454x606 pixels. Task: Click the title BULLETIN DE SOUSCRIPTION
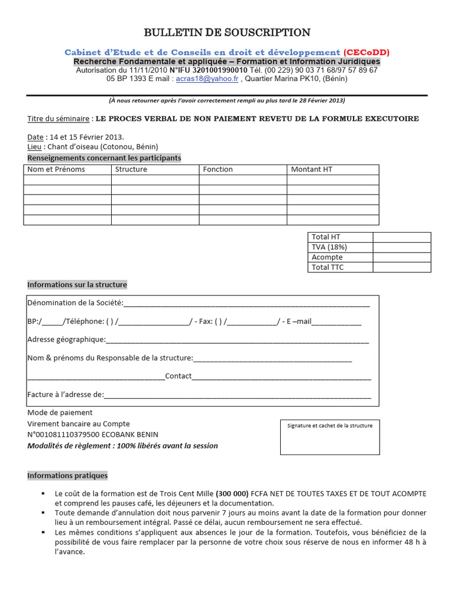coord(227,33)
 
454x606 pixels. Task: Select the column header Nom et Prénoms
coord(56,169)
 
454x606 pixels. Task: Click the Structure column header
coord(131,169)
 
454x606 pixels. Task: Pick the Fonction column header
coord(218,169)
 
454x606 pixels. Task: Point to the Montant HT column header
coord(312,169)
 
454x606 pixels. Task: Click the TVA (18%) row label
coord(329,247)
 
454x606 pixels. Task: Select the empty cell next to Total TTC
coord(401,267)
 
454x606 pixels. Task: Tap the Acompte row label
coord(327,257)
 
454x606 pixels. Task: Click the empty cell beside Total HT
coord(401,237)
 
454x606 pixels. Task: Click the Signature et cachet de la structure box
coord(330,437)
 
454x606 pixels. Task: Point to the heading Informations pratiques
coord(68,475)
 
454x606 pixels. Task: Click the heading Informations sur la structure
coord(77,285)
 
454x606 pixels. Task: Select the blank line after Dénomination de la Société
coord(247,304)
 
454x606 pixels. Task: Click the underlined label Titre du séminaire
coord(59,119)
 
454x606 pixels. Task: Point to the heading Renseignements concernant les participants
coord(105,158)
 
